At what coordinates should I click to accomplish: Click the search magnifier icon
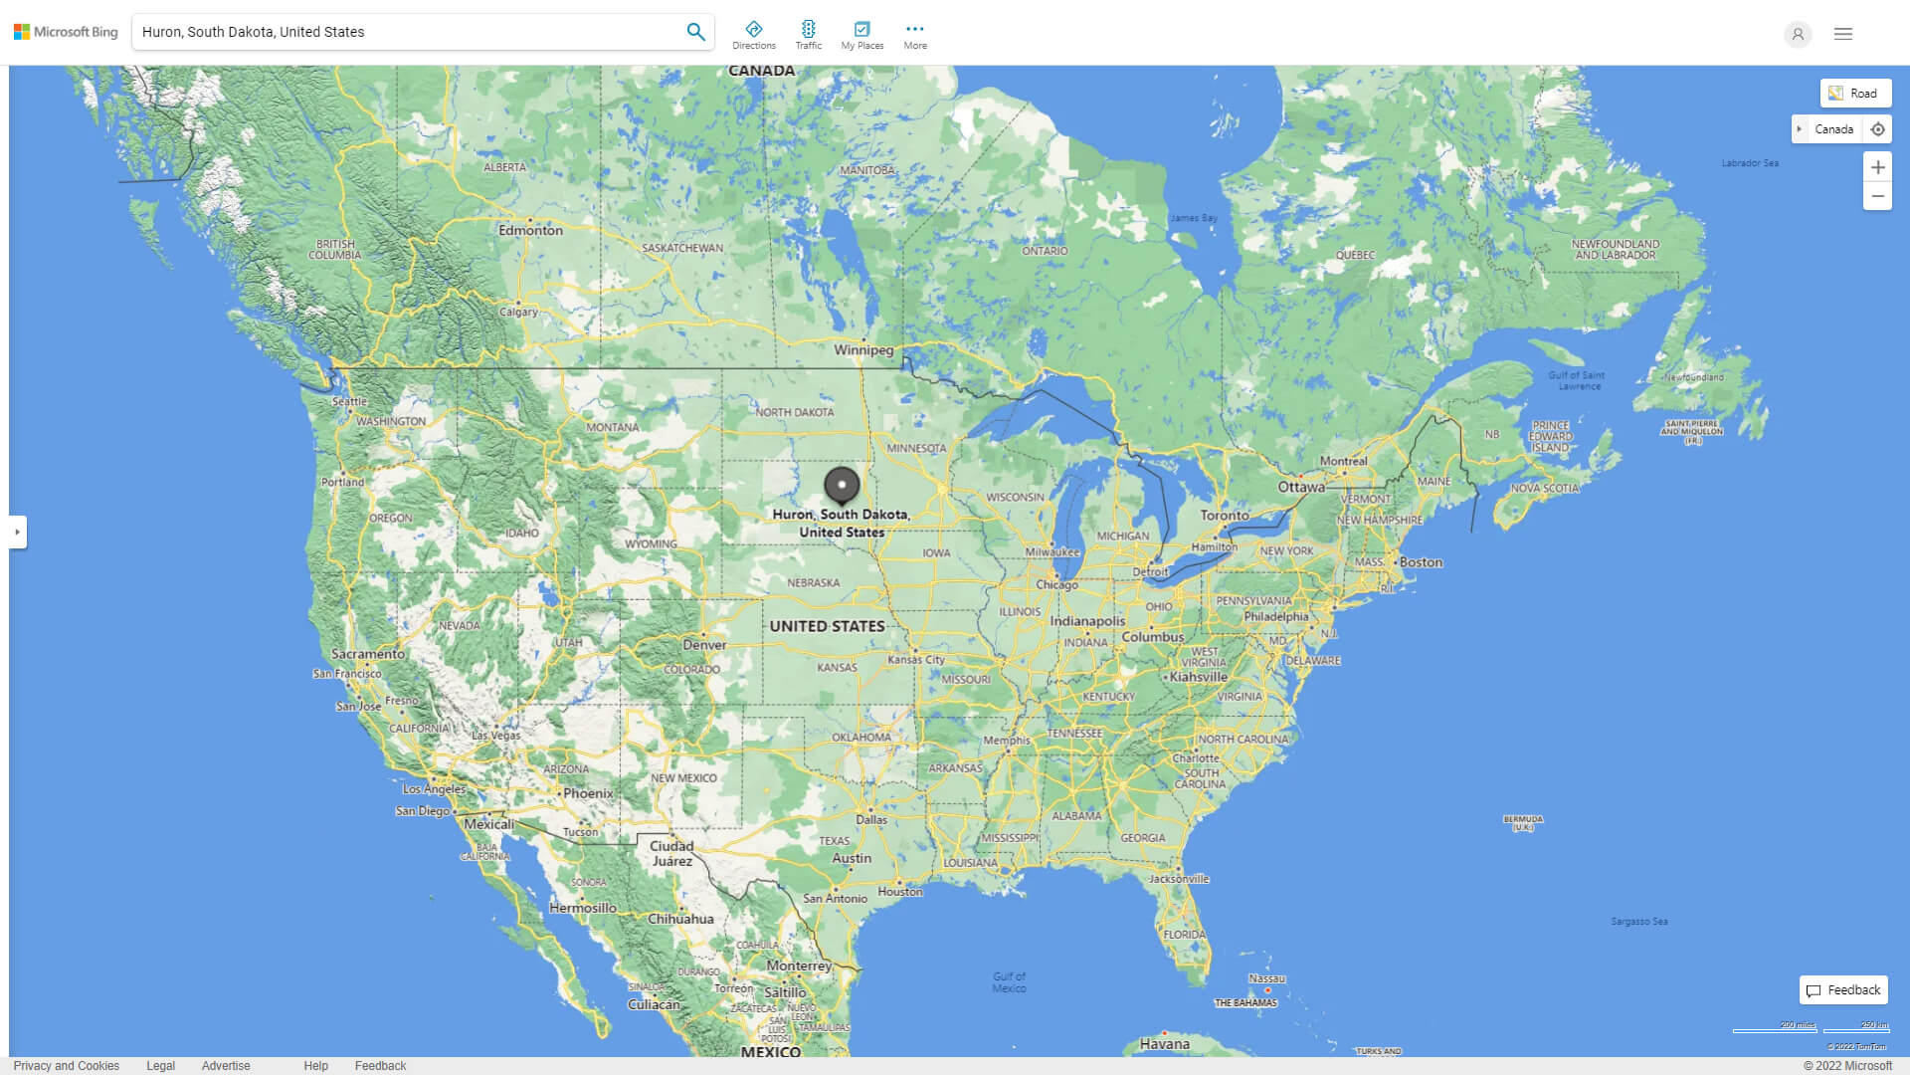click(x=695, y=32)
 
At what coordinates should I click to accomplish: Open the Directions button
click(x=754, y=34)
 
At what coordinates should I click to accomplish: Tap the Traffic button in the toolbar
click(x=809, y=34)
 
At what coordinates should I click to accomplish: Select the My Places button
click(x=861, y=34)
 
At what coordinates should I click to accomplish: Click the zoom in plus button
click(x=1877, y=167)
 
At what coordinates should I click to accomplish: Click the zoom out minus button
click(x=1877, y=196)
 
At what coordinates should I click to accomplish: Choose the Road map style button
click(x=1855, y=94)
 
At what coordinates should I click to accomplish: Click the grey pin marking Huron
click(x=842, y=486)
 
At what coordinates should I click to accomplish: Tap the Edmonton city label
click(x=530, y=230)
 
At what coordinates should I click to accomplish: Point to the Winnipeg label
click(x=863, y=350)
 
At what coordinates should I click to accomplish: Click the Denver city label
click(x=704, y=645)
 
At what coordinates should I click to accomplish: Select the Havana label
click(x=1164, y=1044)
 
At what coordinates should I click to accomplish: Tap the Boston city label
click(x=1421, y=562)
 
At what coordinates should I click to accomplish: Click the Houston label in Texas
click(x=900, y=892)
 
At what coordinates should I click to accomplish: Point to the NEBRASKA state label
click(x=813, y=583)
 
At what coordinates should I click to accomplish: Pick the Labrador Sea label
click(x=1750, y=163)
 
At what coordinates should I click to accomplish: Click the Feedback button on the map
click(x=1843, y=990)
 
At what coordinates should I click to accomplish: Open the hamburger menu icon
click(x=1843, y=34)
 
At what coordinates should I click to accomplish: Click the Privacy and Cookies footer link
click(x=67, y=1066)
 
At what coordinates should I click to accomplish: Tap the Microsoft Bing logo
click(x=66, y=32)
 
